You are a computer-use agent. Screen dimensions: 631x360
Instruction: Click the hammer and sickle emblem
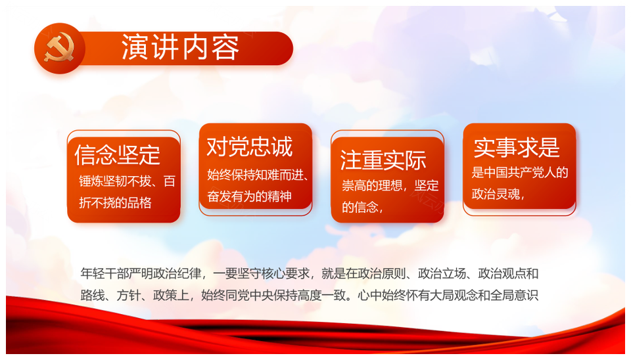pyautogui.click(x=60, y=49)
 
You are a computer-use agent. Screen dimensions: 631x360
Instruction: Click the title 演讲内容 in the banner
pyautogui.click(x=180, y=47)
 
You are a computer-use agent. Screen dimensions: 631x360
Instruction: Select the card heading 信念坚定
pyautogui.click(x=118, y=154)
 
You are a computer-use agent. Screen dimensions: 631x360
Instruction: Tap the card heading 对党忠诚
pyautogui.click(x=250, y=146)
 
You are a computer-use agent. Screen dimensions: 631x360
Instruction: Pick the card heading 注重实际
pyautogui.click(x=383, y=160)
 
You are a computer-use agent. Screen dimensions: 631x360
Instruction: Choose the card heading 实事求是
pyautogui.click(x=517, y=147)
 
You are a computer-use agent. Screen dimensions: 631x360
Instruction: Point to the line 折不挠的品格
pyautogui.click(x=115, y=202)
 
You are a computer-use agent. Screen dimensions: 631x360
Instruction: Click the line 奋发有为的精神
pyautogui.click(x=249, y=196)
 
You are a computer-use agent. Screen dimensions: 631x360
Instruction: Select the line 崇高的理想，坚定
pyautogui.click(x=390, y=185)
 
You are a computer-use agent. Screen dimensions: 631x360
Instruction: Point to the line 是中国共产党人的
pyautogui.click(x=520, y=172)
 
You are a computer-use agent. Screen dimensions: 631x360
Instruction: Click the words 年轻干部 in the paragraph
pyautogui.click(x=105, y=273)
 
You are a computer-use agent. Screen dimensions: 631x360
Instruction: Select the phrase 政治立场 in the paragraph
pyautogui.click(x=442, y=273)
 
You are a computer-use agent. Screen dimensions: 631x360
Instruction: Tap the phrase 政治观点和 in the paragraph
pyautogui.click(x=508, y=273)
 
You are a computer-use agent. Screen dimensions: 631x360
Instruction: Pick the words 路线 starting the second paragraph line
pyautogui.click(x=93, y=296)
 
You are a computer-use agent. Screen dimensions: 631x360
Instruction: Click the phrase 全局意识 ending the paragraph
pyautogui.click(x=514, y=296)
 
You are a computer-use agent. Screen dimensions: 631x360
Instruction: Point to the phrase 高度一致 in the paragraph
pyautogui.click(x=310, y=296)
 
